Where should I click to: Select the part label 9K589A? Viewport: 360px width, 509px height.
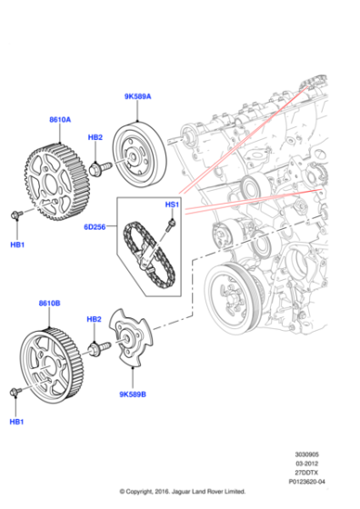[x=137, y=96]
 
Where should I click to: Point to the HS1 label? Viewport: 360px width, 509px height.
[x=171, y=205]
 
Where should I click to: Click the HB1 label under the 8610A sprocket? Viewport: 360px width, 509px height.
[x=16, y=245]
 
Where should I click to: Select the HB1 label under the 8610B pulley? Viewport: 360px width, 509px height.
[x=16, y=423]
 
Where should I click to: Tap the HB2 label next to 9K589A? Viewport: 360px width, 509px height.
[x=95, y=137]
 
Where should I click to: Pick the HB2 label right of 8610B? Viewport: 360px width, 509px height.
[x=95, y=320]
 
